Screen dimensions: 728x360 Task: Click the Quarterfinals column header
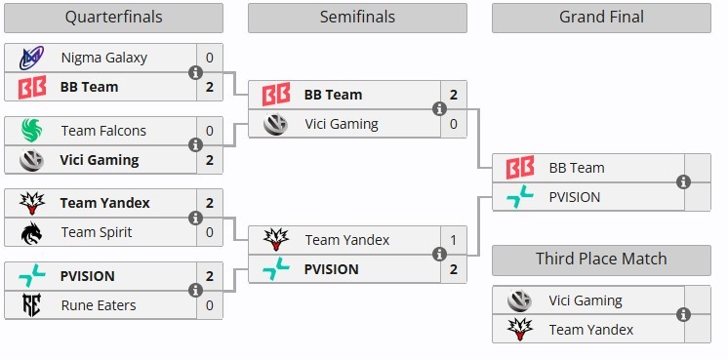click(113, 18)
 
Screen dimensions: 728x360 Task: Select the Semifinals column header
click(357, 18)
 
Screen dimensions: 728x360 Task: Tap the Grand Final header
click(601, 18)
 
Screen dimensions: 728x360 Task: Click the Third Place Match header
click(601, 259)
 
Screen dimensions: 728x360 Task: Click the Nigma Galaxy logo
click(31, 58)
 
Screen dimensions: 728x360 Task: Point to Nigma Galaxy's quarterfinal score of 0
click(210, 58)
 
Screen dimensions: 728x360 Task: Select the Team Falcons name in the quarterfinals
click(103, 131)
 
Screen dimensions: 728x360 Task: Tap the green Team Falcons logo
click(31, 131)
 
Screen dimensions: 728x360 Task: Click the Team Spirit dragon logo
click(31, 232)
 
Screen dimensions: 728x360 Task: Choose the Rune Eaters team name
click(99, 305)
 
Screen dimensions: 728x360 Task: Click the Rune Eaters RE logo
click(31, 305)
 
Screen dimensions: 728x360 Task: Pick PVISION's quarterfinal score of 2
click(210, 276)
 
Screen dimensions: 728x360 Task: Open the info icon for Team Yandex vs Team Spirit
click(195, 218)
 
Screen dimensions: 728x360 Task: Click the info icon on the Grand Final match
click(683, 182)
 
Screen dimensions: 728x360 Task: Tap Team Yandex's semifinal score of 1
click(453, 240)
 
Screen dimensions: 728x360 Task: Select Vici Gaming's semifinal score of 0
click(453, 124)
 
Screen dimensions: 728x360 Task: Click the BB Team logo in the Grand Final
click(520, 168)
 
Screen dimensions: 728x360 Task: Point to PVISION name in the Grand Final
click(575, 197)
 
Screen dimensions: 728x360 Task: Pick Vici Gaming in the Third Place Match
click(585, 300)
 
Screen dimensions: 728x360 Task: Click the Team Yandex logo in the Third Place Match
click(520, 330)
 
